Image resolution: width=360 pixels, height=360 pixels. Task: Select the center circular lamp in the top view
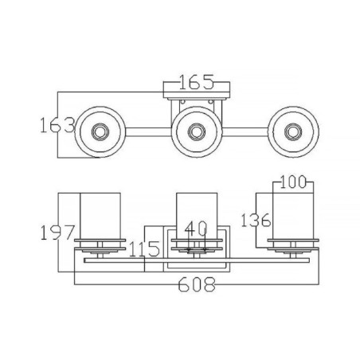pyautogui.click(x=195, y=130)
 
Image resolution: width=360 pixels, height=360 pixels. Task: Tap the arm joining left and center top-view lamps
pyautogui.click(x=147, y=130)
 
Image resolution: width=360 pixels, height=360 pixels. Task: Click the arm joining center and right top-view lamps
pyautogui.click(x=244, y=130)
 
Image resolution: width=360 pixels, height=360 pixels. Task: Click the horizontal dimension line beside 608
pyautogui.click(x=119, y=284)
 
